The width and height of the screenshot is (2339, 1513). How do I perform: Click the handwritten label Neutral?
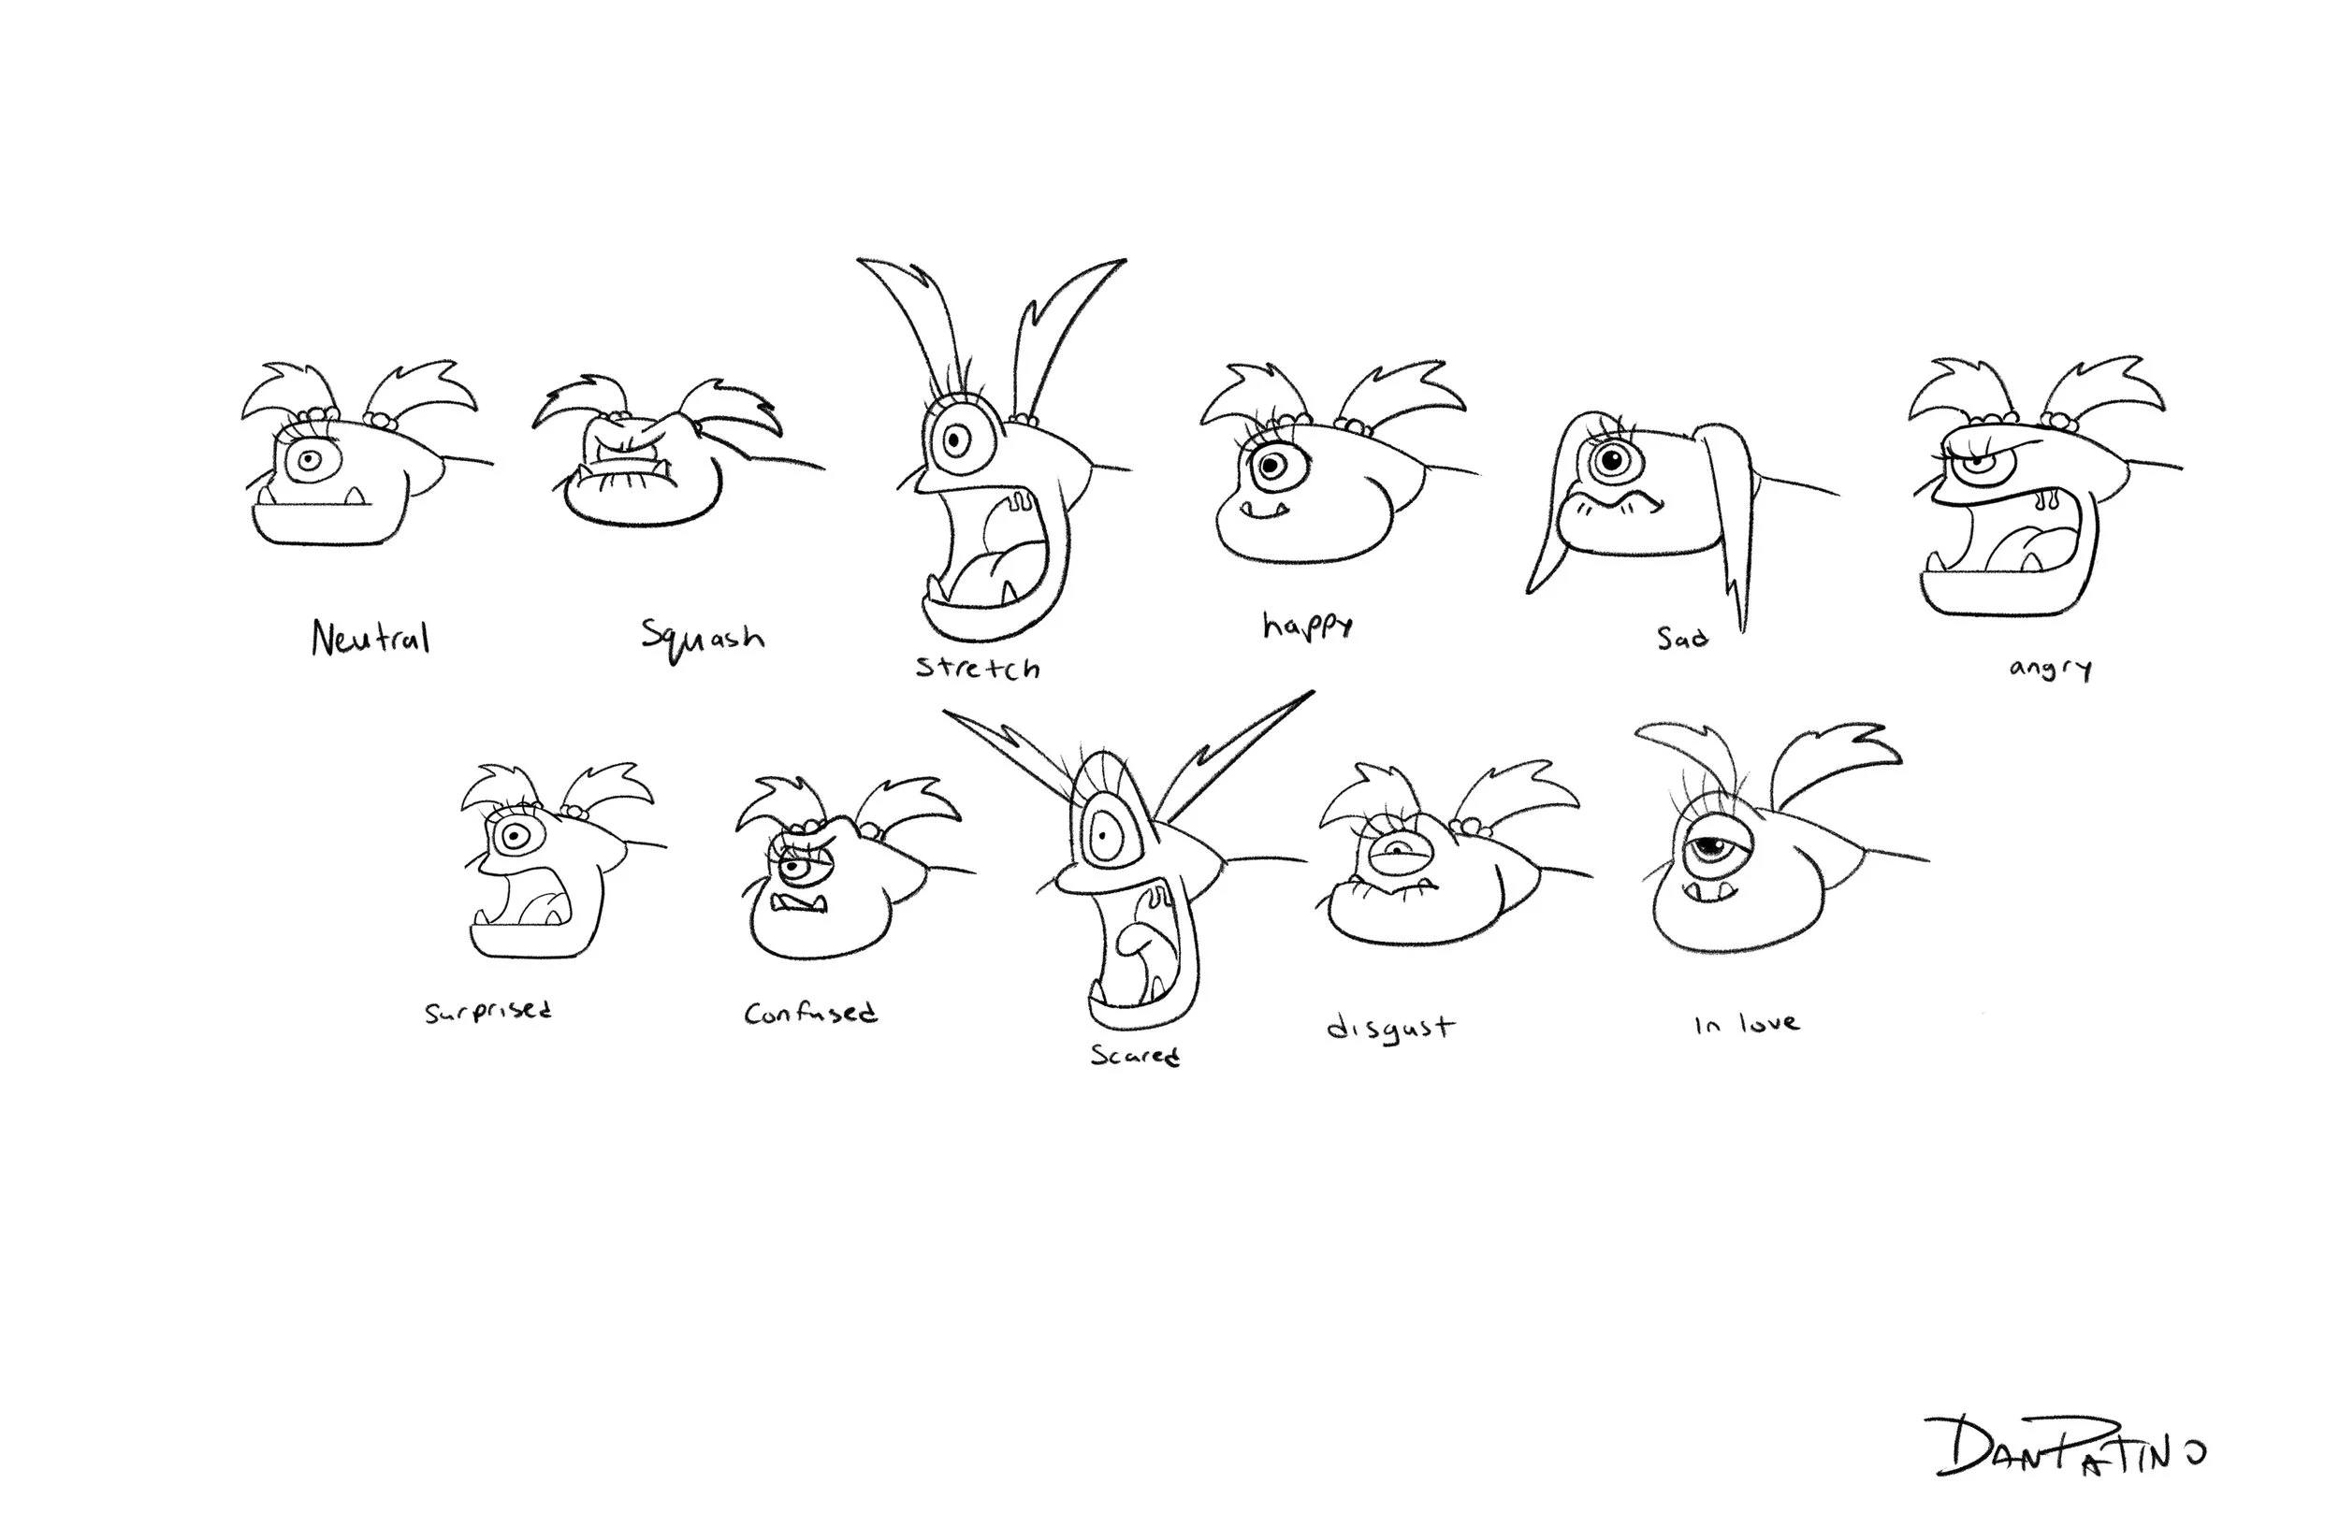(x=370, y=639)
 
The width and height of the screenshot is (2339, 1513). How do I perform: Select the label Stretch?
(x=978, y=668)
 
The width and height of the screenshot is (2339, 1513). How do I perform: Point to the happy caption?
(x=1308, y=625)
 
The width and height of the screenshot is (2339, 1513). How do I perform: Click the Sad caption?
(x=1682, y=639)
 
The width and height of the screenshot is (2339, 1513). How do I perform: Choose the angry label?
(x=2050, y=669)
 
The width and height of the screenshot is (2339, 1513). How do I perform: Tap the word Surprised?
(x=488, y=1011)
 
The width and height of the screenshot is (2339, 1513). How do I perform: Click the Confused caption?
(x=810, y=1013)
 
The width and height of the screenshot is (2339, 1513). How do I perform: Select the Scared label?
(x=1135, y=1055)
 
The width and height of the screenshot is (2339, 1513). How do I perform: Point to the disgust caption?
(x=1389, y=1029)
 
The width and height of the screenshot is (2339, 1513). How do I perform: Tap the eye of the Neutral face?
(x=312, y=460)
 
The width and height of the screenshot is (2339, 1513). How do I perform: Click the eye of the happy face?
(x=1273, y=464)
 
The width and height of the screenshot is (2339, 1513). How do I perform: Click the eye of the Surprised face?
(x=513, y=837)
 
